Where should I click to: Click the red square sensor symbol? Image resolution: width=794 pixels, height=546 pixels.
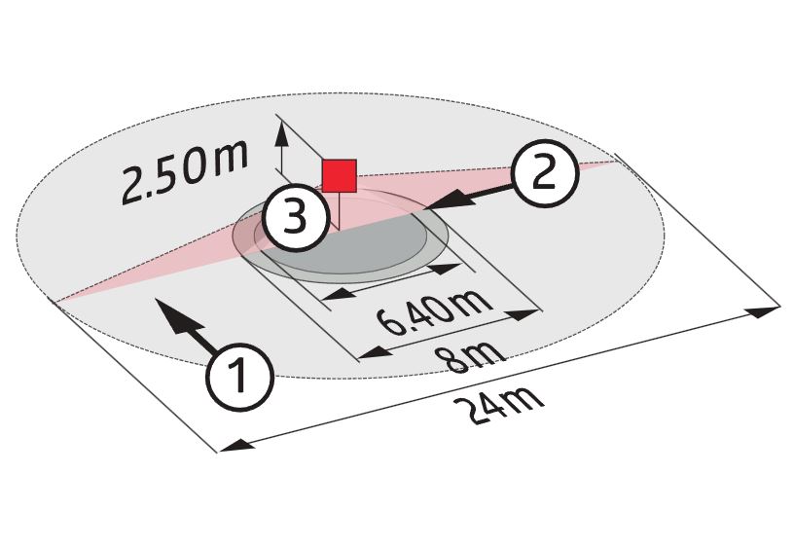340,176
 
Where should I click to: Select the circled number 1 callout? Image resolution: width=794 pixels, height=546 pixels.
240,377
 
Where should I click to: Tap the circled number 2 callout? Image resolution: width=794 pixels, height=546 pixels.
544,172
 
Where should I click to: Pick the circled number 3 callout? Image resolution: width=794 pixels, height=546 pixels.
295,218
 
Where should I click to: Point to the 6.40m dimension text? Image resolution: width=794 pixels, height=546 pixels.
435,312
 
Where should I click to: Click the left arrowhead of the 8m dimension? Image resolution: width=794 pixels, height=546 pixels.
377,351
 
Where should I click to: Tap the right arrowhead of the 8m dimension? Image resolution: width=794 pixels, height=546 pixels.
522,314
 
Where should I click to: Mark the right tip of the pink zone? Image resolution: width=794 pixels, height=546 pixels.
617,161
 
